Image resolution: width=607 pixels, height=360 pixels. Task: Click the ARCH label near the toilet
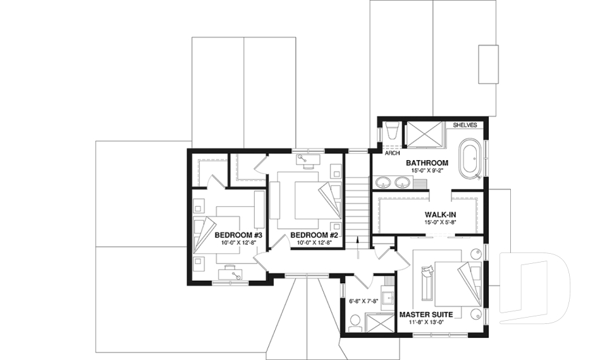391,152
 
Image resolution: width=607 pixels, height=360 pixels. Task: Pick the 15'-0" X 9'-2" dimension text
427,171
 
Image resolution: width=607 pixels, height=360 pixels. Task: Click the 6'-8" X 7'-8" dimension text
363,301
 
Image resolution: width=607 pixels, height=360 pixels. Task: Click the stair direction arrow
358,245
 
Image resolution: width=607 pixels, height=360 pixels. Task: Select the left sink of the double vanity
383,183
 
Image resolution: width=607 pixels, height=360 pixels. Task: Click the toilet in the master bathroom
391,132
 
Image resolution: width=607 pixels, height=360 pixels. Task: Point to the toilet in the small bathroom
355,323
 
